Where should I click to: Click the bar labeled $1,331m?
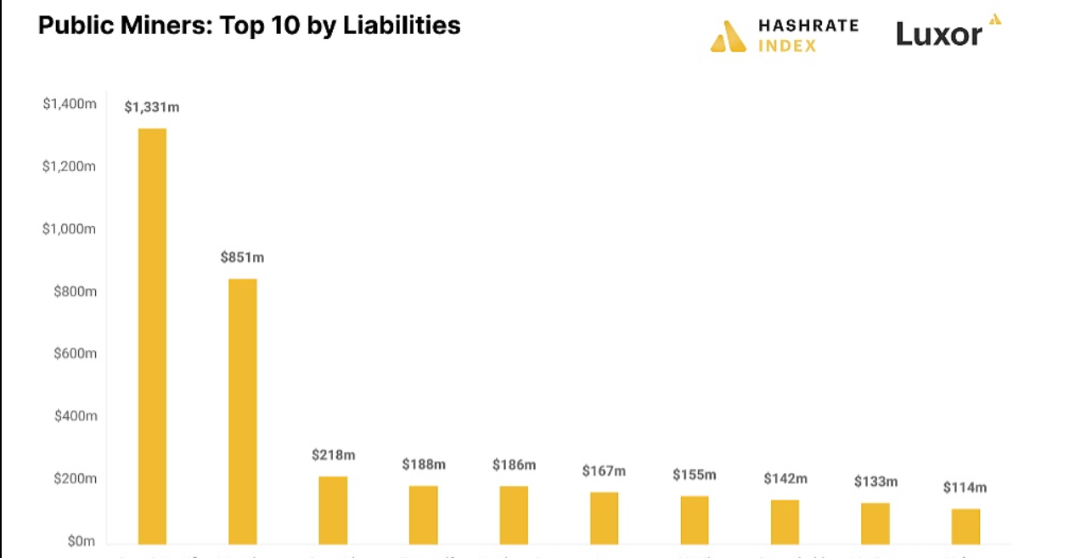click(152, 335)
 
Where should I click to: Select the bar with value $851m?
click(242, 411)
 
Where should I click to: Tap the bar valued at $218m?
click(333, 510)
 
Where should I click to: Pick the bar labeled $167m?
click(604, 517)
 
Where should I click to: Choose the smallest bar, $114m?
click(965, 526)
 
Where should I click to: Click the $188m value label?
click(424, 465)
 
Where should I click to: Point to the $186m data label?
click(514, 465)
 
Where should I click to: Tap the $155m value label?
click(695, 475)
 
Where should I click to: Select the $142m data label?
click(785, 479)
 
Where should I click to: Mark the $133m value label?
click(875, 482)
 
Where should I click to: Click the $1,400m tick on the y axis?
click(70, 104)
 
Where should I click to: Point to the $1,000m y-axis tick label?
click(70, 229)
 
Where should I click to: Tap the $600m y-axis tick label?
click(75, 353)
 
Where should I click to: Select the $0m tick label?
click(82, 541)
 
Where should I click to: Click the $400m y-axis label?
click(75, 416)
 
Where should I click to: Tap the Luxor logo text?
click(939, 34)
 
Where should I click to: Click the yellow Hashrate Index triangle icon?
click(728, 37)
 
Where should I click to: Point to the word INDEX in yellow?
click(786, 45)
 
